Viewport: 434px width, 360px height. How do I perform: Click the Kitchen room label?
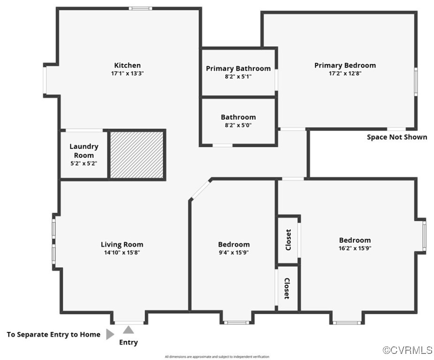(x=127, y=65)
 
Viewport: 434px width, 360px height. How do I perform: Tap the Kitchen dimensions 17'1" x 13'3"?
(x=127, y=73)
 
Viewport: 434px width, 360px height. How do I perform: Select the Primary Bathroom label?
(x=238, y=68)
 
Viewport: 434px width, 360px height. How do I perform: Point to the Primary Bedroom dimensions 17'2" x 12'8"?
(x=345, y=73)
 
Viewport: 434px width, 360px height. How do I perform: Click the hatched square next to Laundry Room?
(x=137, y=155)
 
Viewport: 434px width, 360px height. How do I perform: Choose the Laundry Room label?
(x=84, y=151)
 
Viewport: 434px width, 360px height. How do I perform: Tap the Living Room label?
(x=122, y=244)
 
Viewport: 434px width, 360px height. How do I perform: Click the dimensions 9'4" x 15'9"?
(x=234, y=252)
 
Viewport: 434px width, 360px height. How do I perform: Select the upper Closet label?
(x=288, y=240)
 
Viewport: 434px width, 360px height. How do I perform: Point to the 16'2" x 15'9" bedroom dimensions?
(x=355, y=248)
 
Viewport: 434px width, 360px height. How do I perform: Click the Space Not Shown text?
(x=397, y=137)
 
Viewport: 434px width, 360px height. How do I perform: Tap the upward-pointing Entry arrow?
(x=129, y=330)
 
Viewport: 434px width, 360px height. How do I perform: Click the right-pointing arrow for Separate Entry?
(x=110, y=334)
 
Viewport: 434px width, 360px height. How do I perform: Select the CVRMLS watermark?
(x=407, y=350)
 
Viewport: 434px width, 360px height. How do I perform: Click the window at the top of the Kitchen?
(x=140, y=8)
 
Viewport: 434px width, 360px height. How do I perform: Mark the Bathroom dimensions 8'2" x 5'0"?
(x=238, y=125)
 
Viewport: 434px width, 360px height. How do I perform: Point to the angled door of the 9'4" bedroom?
(x=201, y=189)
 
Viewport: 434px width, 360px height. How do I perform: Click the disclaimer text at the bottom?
(x=217, y=357)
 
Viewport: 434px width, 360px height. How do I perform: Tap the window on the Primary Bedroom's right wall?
(x=416, y=82)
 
